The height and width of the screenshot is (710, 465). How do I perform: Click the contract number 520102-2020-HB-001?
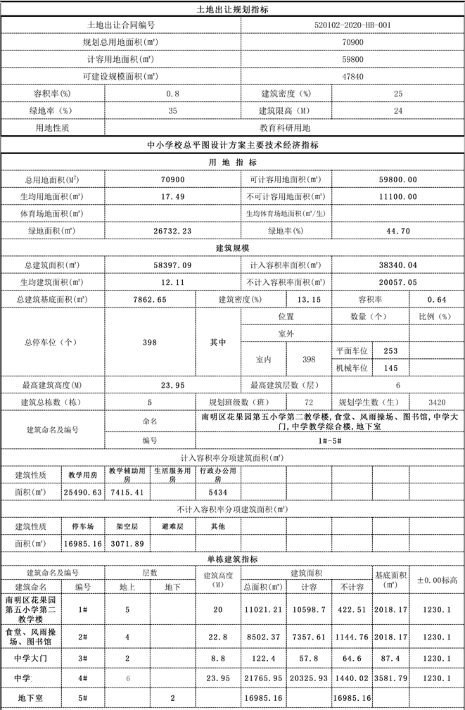[x=353, y=25]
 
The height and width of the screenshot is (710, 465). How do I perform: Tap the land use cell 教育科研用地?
[x=284, y=128]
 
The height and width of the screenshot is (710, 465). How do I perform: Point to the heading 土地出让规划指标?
[x=232, y=10]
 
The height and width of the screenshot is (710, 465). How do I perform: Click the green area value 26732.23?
[x=172, y=230]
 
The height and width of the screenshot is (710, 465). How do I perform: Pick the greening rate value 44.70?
[x=398, y=230]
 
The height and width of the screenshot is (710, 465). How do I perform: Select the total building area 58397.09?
[x=172, y=265]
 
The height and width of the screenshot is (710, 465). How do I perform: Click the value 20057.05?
[x=398, y=282]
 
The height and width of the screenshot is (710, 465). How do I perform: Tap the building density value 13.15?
[x=310, y=299]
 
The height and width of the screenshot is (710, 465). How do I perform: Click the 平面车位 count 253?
[x=391, y=350]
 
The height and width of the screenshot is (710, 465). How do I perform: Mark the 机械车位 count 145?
[x=391, y=367]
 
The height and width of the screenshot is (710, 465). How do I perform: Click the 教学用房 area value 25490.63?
[x=83, y=492]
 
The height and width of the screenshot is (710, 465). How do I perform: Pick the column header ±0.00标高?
[x=437, y=580]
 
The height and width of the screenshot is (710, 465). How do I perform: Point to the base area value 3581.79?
[x=390, y=678]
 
